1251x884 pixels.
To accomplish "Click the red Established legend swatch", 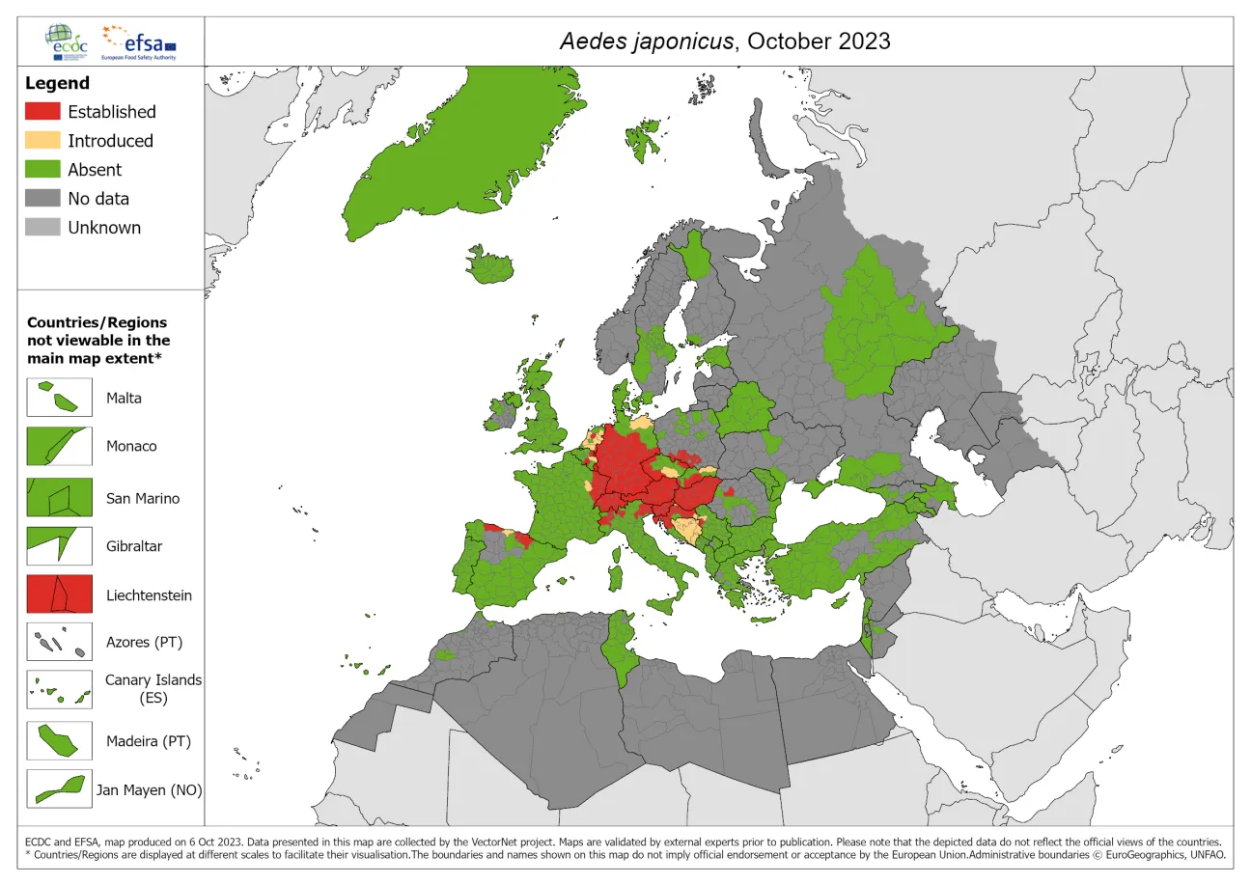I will click(42, 112).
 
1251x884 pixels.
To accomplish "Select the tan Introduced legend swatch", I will click(42, 141).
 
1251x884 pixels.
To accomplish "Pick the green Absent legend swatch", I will click(42, 170).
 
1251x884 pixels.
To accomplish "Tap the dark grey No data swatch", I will click(42, 199).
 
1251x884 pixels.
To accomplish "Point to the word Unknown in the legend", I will click(104, 228).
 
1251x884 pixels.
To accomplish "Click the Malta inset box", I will click(59, 398).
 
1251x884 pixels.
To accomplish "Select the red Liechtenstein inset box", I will click(59, 594).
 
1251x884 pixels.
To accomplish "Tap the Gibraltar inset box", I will click(59, 546).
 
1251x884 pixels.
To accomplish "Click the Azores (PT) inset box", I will click(59, 642).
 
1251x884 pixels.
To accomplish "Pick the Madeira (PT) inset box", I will click(59, 741).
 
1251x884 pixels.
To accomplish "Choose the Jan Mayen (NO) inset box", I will click(59, 789).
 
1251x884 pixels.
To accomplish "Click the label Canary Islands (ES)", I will click(153, 688).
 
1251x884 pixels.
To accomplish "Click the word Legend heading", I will click(57, 83).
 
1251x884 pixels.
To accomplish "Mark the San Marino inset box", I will click(59, 498).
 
